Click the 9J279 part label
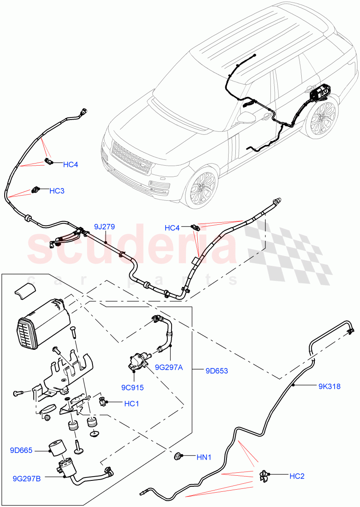tap(104, 227)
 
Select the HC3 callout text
tap(57, 191)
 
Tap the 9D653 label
tap(216, 371)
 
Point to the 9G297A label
tap(169, 368)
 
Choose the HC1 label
tap(131, 404)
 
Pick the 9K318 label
tap(329, 386)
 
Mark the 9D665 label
tap(21, 451)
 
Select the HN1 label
tap(204, 457)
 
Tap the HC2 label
tap(297, 476)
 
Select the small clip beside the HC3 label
tap(37, 190)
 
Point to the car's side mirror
tap(246, 117)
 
